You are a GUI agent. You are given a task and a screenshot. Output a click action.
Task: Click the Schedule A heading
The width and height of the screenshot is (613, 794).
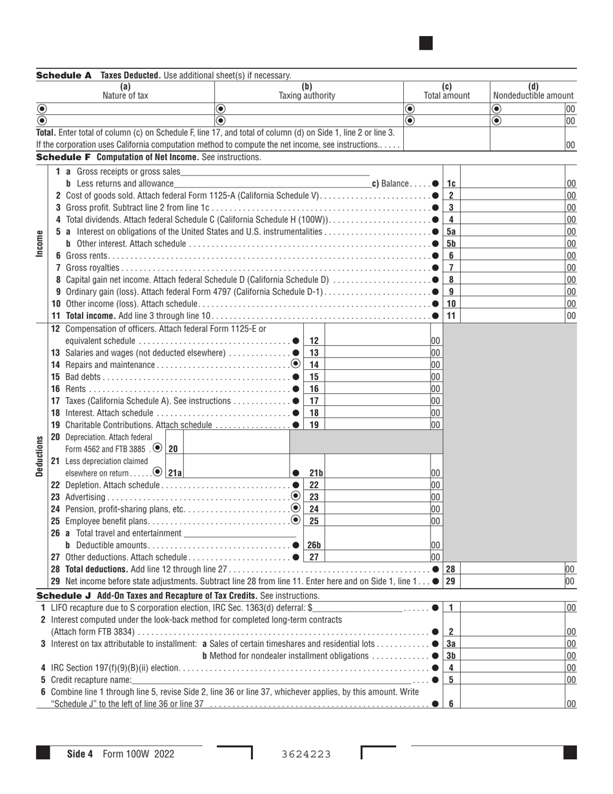point(64,76)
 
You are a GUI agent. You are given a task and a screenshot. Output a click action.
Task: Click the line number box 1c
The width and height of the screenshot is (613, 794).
point(451,184)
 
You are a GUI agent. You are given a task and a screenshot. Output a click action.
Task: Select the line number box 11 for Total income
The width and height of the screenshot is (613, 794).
point(451,316)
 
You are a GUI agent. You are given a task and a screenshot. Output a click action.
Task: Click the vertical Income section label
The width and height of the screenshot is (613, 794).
point(41,244)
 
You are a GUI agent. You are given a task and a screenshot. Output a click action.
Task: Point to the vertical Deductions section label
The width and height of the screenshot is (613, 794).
point(41,456)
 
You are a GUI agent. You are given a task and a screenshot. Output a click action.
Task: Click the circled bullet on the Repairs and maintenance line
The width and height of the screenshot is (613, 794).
point(296,365)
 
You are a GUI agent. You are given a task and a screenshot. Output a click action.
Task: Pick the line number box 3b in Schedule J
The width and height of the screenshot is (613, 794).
point(451,656)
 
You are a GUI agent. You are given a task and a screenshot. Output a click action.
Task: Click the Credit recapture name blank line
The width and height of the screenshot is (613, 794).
point(271,679)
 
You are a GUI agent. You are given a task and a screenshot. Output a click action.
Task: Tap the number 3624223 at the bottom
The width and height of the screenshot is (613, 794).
point(306,754)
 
